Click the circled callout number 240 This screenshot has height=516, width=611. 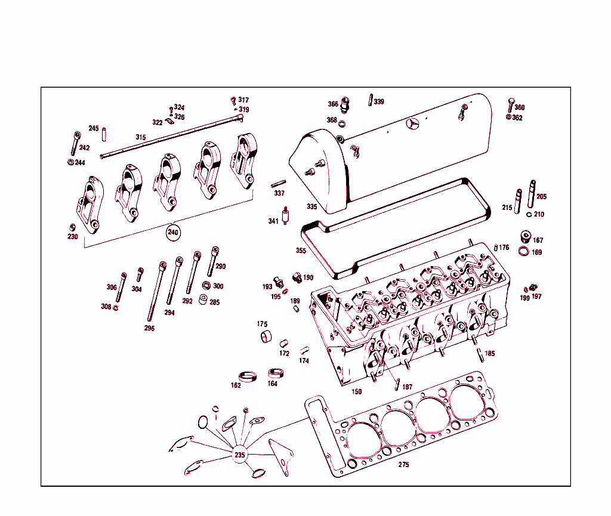coord(172,232)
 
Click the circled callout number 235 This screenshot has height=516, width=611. coord(239,455)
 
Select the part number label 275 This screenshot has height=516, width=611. coord(404,465)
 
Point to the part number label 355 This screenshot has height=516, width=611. coord(301,251)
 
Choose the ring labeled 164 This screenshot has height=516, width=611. coord(275,373)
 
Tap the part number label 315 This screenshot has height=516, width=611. coord(140,137)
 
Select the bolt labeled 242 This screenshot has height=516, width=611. coord(75,144)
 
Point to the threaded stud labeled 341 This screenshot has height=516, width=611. coord(286,215)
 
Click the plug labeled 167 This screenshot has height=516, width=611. coord(526,236)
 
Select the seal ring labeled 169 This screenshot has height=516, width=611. coord(523,251)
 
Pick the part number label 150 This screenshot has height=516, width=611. coord(356,391)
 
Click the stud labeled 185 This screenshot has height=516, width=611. coord(479,352)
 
